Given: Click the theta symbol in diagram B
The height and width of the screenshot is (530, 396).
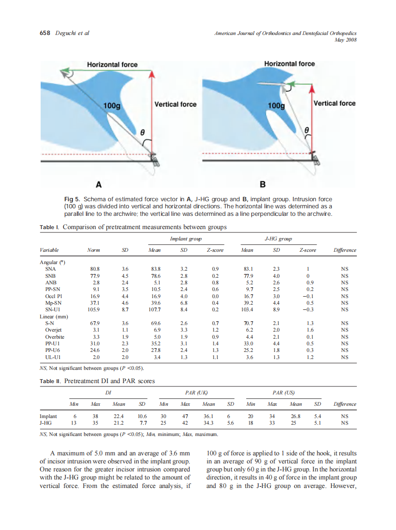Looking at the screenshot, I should point(307,128).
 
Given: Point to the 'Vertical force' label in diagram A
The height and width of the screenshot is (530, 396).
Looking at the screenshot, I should point(175,104).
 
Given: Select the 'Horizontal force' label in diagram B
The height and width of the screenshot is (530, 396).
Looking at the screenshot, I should point(289,63).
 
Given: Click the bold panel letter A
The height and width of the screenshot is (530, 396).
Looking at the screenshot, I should point(99,183).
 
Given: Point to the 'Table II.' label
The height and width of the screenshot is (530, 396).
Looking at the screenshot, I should point(50,381).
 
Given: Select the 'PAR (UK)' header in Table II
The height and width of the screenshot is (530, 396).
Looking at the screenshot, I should point(197,393).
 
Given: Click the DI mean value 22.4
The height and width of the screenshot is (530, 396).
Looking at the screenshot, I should point(119,416).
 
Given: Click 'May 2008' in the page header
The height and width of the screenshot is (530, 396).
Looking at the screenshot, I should point(345,40).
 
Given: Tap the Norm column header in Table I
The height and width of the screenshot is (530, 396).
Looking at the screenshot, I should point(94,250).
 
